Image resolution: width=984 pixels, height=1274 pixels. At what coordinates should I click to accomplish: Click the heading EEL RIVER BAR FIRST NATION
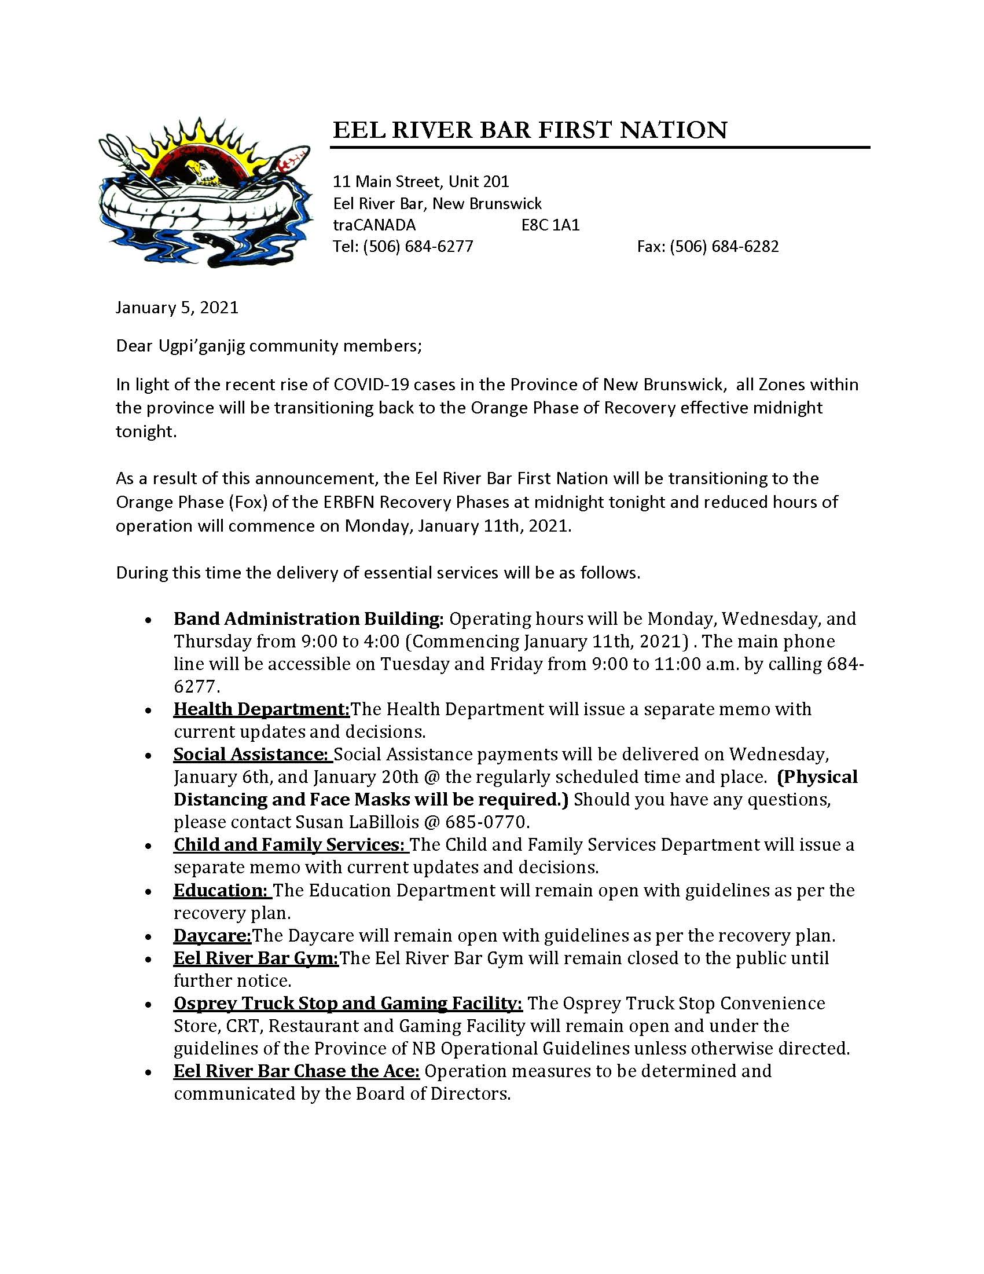click(x=530, y=130)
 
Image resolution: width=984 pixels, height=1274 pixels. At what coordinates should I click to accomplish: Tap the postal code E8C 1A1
click(x=550, y=225)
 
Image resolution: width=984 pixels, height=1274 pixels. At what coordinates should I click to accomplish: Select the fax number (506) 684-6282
click(x=724, y=246)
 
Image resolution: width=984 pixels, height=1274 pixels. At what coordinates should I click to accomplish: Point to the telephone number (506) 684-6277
click(x=418, y=246)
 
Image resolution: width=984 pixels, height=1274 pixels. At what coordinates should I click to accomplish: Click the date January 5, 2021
click(x=177, y=307)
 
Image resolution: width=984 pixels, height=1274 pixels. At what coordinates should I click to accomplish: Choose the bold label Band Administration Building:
click(x=309, y=618)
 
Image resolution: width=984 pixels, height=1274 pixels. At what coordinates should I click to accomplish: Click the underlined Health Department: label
click(x=261, y=709)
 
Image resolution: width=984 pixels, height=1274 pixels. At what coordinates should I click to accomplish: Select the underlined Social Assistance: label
click(x=252, y=754)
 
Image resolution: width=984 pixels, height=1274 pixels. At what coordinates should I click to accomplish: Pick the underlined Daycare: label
click(x=212, y=936)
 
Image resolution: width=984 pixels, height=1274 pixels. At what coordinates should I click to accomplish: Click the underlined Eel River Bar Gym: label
click(x=256, y=958)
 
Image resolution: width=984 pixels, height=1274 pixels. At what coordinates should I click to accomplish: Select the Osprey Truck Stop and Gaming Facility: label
click(x=348, y=1004)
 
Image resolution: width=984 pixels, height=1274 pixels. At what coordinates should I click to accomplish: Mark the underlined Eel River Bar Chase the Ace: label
click(x=297, y=1071)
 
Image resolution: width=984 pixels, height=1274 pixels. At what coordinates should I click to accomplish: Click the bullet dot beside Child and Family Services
click(x=150, y=847)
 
